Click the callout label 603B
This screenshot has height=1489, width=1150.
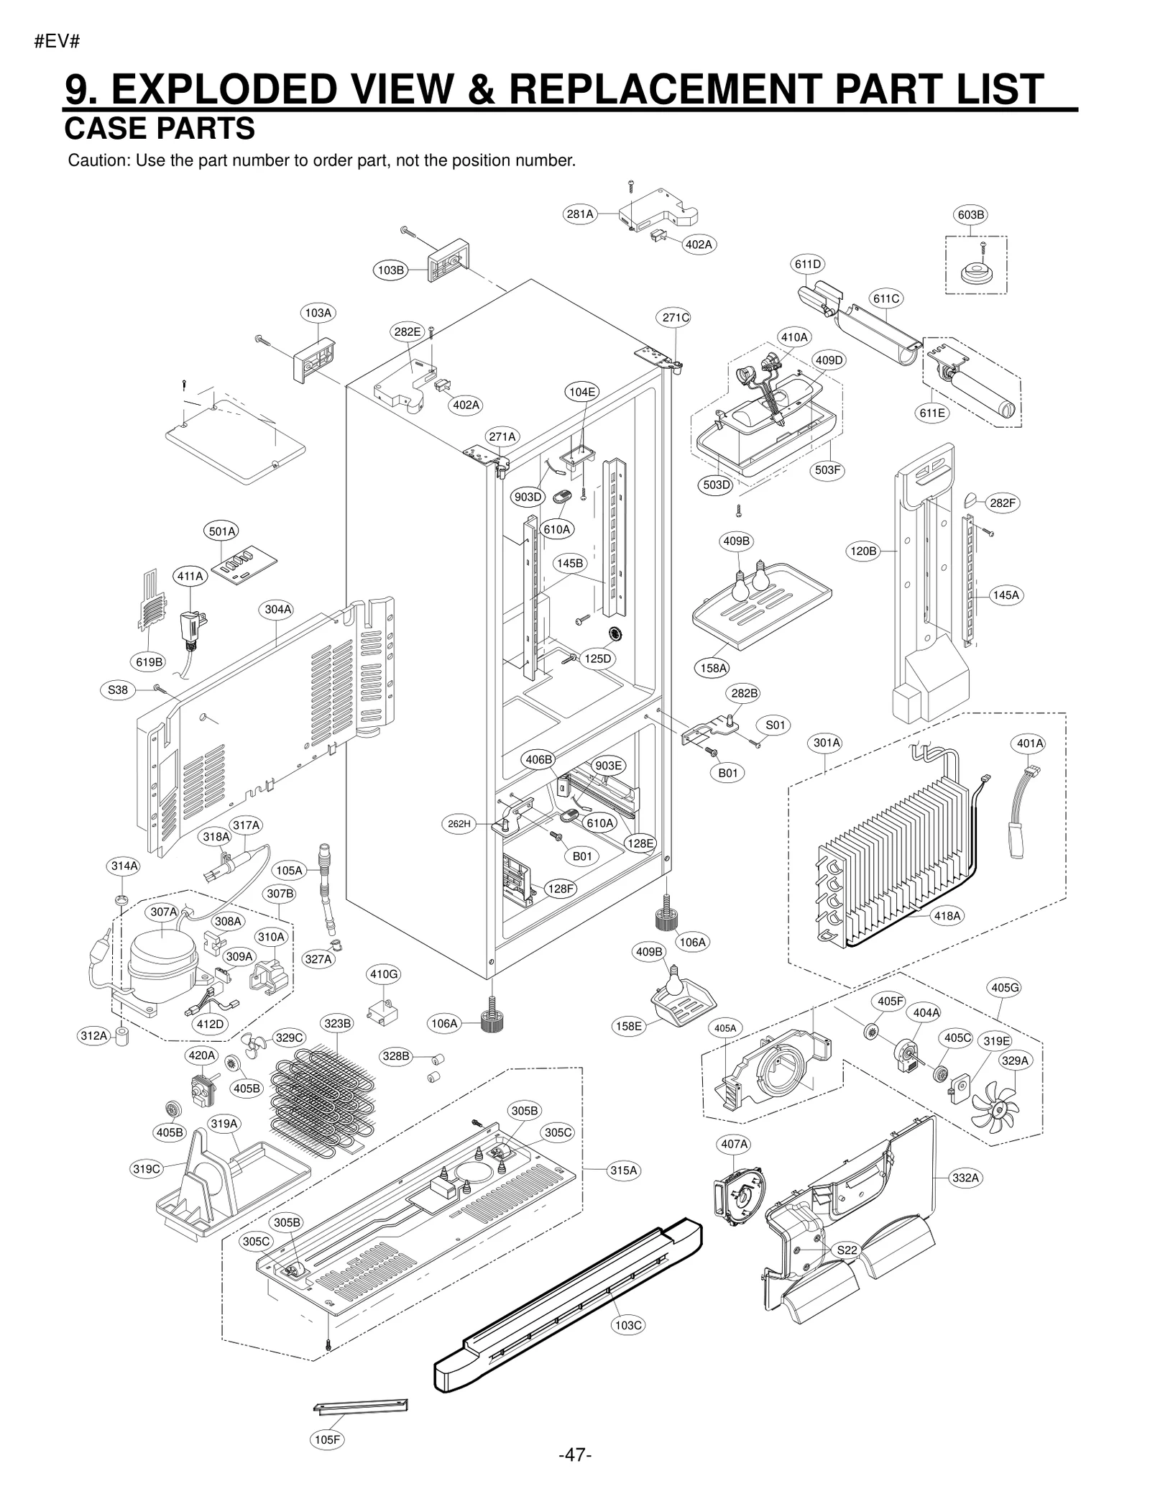point(970,214)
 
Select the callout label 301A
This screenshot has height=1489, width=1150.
point(827,742)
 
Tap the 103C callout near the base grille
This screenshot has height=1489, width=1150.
point(627,1324)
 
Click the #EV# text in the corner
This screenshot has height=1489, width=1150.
point(57,42)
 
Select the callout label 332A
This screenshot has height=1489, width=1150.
point(965,1177)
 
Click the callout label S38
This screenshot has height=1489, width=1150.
point(118,690)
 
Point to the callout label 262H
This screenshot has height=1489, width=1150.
point(459,823)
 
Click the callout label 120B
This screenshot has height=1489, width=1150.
point(864,551)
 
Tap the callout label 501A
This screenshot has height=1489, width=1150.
point(221,531)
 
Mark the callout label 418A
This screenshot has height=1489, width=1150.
point(947,915)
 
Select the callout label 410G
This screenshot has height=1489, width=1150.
point(383,974)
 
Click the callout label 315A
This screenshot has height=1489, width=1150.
point(623,1170)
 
